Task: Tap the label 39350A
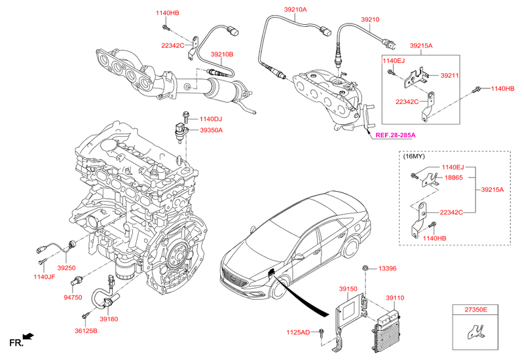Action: click(211, 130)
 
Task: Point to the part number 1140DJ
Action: click(211, 119)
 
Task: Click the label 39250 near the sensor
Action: click(66, 268)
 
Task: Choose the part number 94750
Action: click(73, 297)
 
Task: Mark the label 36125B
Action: click(85, 331)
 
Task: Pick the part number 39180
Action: click(109, 319)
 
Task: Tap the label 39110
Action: click(394, 298)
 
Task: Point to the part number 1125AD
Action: click(299, 332)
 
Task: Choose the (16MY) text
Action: click(414, 157)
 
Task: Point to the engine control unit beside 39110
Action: click(387, 327)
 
